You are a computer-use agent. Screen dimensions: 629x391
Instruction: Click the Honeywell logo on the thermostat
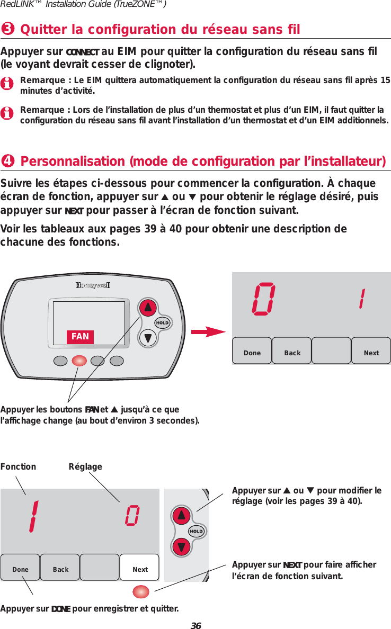[93, 286]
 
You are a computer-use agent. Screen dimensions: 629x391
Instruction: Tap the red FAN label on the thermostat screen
[80, 337]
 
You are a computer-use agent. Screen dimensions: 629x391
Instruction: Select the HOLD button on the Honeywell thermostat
[162, 323]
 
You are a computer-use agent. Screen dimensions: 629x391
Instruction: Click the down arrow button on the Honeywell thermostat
[148, 338]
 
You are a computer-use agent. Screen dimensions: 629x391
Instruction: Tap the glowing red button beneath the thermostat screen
[79, 361]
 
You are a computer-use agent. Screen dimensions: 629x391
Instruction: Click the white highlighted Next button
[140, 569]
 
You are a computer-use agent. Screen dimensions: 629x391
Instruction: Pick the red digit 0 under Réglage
[133, 516]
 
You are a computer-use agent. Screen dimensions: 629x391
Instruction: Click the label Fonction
[19, 466]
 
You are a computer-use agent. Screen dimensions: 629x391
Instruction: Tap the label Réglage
[85, 466]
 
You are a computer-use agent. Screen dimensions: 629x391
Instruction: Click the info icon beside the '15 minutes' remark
[7, 84]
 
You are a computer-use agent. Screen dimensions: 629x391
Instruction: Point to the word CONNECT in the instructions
[82, 52]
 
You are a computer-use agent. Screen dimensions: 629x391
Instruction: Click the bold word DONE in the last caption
[60, 608]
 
